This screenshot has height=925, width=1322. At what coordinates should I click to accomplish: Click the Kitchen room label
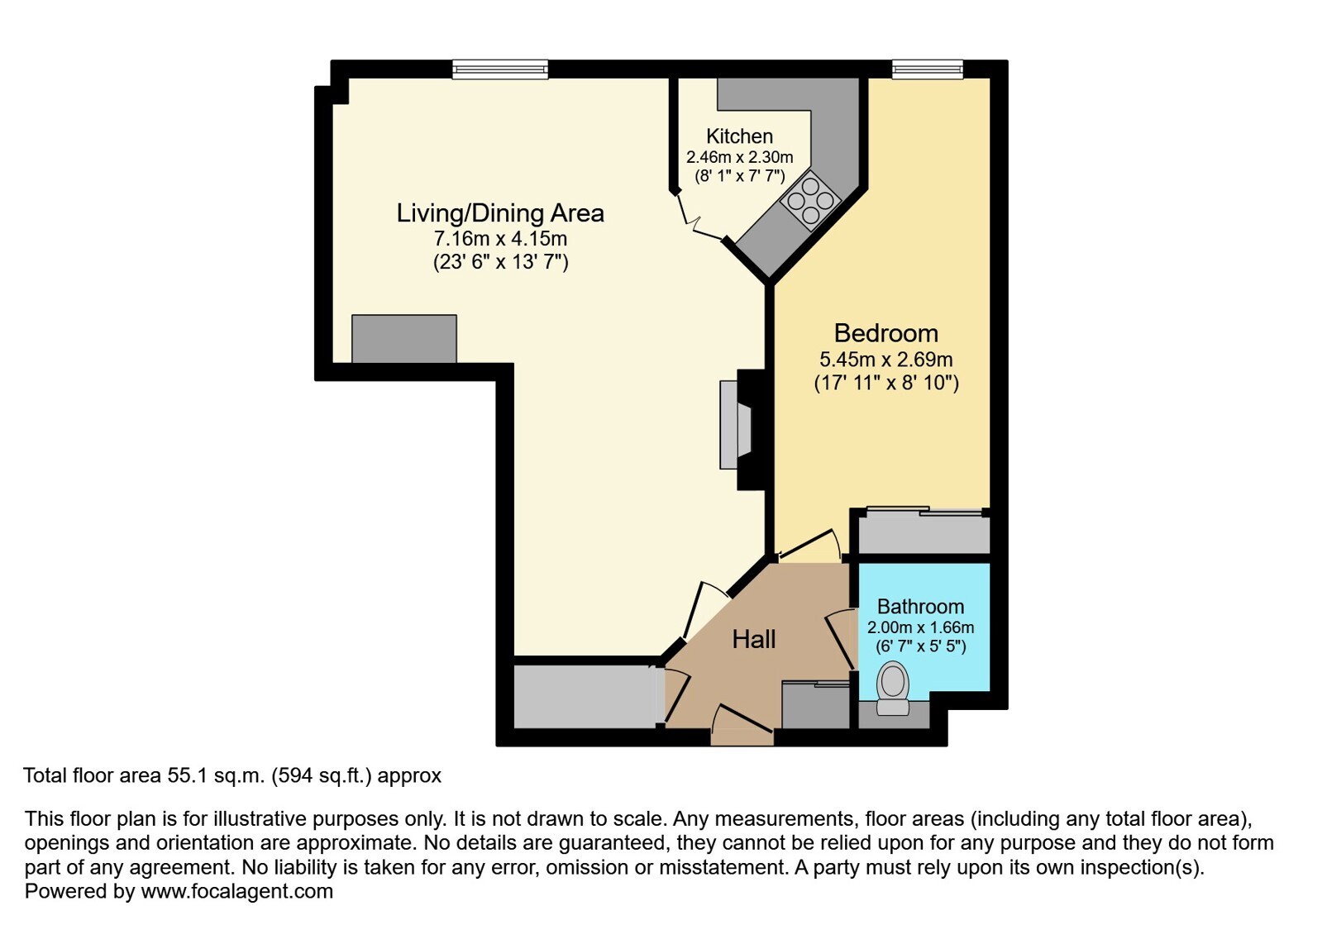click(739, 136)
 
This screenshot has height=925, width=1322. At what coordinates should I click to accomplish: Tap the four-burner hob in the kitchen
click(810, 201)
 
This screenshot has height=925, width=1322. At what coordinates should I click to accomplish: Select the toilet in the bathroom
click(892, 688)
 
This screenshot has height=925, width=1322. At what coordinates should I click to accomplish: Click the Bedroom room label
click(885, 333)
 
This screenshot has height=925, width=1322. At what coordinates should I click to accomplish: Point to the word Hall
click(754, 640)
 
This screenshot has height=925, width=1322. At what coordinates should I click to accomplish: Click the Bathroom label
click(921, 607)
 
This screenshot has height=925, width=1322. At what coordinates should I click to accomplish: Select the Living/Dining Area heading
click(500, 213)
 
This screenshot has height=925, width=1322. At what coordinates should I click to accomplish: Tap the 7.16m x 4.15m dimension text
click(500, 239)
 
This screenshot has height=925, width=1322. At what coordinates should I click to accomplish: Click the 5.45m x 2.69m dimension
click(885, 360)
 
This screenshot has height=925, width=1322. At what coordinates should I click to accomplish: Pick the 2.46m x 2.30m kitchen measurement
click(739, 158)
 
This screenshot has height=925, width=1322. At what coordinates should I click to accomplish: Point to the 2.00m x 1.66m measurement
click(921, 627)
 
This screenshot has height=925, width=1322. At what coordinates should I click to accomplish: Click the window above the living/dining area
click(500, 69)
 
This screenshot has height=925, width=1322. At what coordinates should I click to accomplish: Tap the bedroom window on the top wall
click(927, 69)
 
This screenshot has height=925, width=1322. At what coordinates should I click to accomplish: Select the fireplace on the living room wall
click(736, 425)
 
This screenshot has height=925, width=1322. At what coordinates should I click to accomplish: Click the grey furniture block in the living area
click(404, 339)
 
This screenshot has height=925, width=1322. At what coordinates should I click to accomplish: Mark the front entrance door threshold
click(742, 737)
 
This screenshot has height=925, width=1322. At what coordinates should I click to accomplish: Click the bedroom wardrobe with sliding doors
click(923, 534)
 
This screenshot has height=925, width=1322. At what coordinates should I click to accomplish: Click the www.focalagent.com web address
click(236, 891)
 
